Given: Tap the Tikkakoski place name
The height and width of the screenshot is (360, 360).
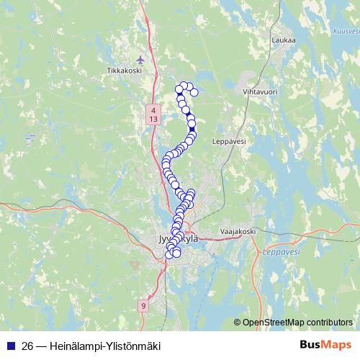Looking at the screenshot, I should (122, 71).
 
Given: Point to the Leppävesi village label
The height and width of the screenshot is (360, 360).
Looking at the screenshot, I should (230, 142).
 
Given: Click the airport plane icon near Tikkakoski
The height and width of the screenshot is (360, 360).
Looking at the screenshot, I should (140, 59).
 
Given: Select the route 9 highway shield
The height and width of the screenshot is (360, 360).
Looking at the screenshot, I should (143, 306).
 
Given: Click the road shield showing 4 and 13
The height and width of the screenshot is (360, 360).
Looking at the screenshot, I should (153, 114).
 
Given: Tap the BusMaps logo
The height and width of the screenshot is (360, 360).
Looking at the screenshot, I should (325, 345).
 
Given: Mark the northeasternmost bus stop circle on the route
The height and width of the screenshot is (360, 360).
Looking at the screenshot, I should (194, 92).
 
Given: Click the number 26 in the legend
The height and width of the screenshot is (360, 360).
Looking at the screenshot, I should (28, 345).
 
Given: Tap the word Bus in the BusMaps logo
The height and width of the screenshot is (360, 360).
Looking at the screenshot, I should (311, 345).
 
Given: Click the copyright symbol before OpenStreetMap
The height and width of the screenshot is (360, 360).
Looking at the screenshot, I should (238, 322).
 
